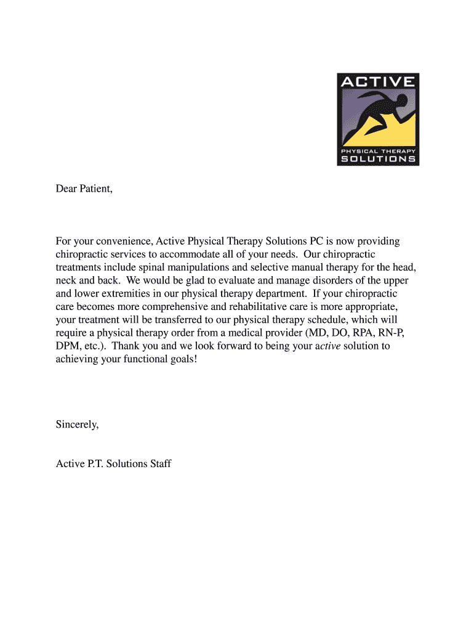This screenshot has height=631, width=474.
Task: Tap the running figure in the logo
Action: click(382, 117)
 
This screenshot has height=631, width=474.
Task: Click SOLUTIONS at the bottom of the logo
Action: click(378, 158)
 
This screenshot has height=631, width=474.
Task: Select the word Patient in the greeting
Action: click(95, 189)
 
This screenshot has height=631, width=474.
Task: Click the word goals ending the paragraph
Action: click(183, 359)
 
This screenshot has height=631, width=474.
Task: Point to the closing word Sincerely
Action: click(77, 425)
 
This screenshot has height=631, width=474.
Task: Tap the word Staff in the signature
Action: click(159, 463)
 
